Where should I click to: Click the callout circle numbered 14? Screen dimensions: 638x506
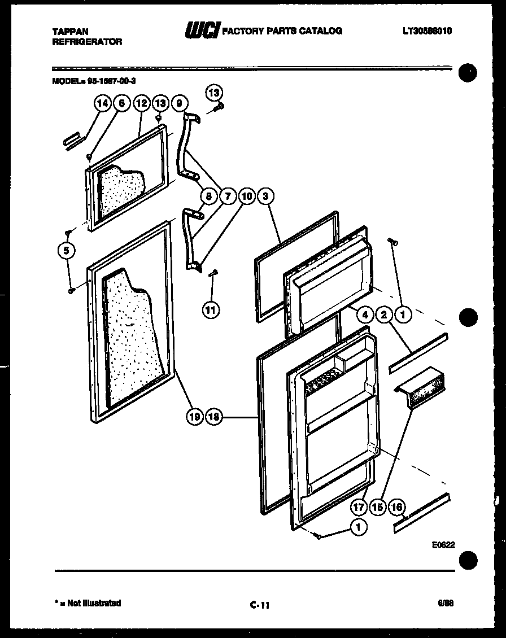102,103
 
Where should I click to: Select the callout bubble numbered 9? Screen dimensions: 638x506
179,103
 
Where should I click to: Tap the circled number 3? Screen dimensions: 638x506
265,196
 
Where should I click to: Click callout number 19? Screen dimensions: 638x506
194,417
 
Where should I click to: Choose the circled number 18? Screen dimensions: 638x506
214,417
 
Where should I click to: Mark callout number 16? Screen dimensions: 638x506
397,507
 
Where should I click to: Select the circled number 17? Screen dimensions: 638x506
358,507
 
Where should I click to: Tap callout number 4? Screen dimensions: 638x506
365,314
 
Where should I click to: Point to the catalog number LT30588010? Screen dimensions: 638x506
428,32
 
